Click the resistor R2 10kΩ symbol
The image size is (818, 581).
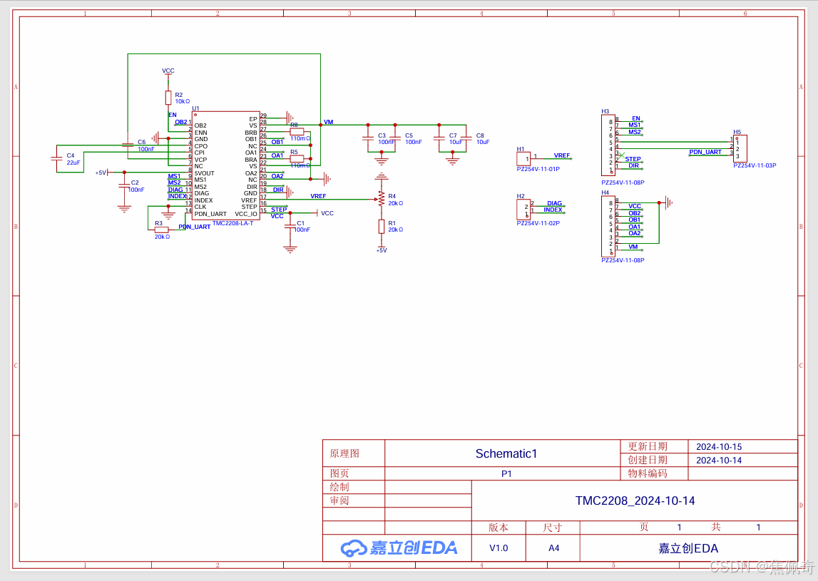168,97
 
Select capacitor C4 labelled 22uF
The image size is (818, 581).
56,159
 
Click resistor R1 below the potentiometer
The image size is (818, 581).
382,227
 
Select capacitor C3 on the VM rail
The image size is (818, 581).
368,138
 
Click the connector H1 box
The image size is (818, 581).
523,158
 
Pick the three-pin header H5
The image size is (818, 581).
741,149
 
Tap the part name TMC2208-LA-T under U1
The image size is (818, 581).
232,223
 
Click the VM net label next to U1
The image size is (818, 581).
328,123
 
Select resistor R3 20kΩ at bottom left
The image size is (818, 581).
162,230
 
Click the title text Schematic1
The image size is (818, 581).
506,453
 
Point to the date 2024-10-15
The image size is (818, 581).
719,447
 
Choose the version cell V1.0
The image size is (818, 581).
499,548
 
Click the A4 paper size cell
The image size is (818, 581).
553,548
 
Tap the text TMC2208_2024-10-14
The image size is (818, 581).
635,500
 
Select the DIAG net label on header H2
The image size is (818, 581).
554,203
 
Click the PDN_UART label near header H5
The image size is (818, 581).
705,152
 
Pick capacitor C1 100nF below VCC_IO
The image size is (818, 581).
290,226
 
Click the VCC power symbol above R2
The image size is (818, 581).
168,71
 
